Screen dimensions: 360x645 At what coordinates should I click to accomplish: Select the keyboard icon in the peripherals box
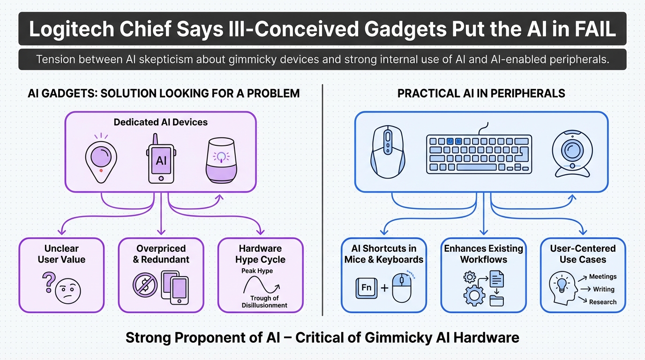(x=479, y=153)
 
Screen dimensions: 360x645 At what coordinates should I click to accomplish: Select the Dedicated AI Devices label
(x=160, y=122)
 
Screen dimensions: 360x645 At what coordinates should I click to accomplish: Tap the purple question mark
(x=47, y=284)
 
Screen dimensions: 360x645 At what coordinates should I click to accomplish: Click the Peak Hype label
(x=257, y=271)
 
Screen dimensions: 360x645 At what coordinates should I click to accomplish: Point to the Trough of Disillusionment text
(x=264, y=302)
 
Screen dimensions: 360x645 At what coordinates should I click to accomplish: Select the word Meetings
(x=603, y=277)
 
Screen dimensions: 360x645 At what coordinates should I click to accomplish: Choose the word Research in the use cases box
(x=603, y=302)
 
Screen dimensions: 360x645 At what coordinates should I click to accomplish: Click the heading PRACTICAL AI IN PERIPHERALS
(x=481, y=93)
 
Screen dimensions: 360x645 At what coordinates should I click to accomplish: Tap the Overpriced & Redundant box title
(x=161, y=254)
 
